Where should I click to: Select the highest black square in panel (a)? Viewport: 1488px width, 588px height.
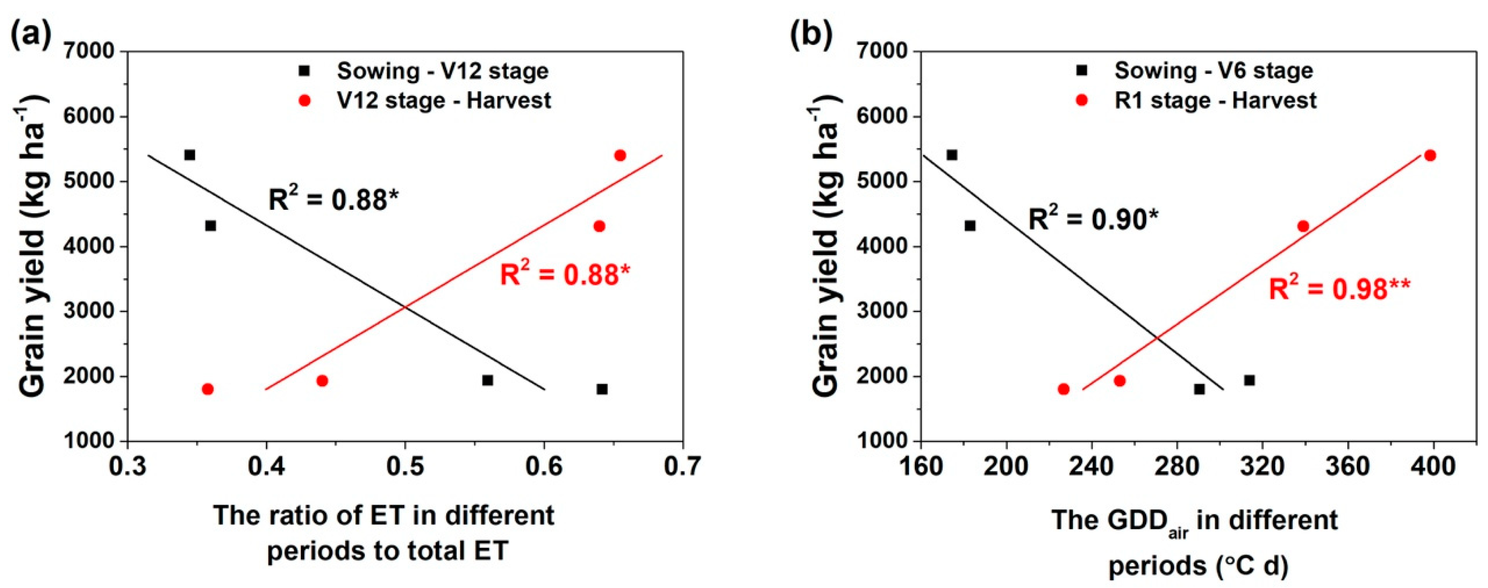click(x=190, y=155)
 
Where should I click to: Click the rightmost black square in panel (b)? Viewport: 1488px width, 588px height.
click(x=1249, y=380)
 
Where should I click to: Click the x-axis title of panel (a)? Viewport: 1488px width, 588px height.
click(x=384, y=533)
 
